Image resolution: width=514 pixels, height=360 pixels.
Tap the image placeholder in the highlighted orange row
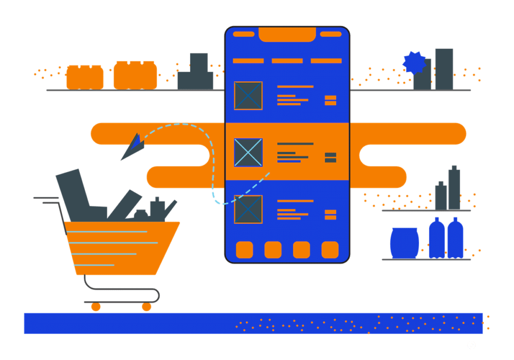pyautogui.click(x=248, y=153)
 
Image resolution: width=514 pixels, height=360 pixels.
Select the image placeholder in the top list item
pyautogui.click(x=248, y=96)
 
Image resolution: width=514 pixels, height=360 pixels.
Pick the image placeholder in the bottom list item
pyautogui.click(x=248, y=209)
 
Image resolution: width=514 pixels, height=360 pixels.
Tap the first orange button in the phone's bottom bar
pyautogui.click(x=245, y=250)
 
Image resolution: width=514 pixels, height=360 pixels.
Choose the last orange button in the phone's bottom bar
pyautogui.click(x=330, y=250)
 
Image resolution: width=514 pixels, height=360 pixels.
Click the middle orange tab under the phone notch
pyautogui.click(x=287, y=61)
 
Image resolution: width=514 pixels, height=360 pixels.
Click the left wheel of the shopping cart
pyautogui.click(x=96, y=307)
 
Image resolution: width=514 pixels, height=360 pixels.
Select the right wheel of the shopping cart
pyautogui.click(x=146, y=307)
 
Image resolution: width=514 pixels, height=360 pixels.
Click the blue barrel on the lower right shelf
pyautogui.click(x=405, y=243)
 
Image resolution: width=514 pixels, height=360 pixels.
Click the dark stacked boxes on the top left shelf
pyautogui.click(x=196, y=72)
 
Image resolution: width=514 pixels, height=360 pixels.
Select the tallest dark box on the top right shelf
pyautogui.click(x=444, y=69)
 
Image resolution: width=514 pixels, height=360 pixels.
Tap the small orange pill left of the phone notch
pyautogui.click(x=244, y=34)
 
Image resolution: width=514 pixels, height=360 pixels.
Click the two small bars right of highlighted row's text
pyautogui.click(x=331, y=157)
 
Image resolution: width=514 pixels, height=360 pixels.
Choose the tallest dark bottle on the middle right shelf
pyautogui.click(x=454, y=188)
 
